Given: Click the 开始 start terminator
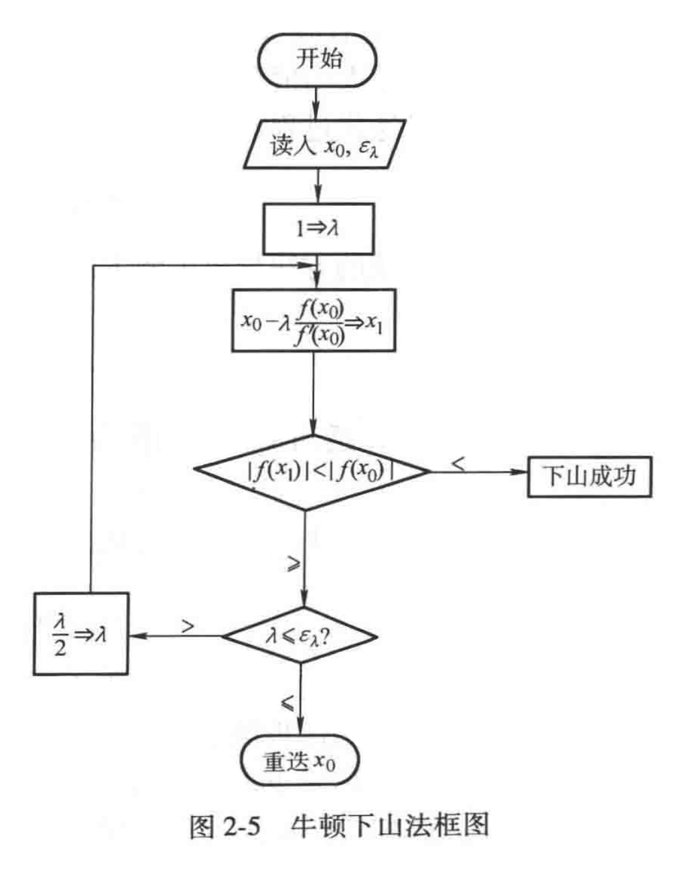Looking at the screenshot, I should click(318, 60).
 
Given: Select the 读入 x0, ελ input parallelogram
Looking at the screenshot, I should click(323, 144).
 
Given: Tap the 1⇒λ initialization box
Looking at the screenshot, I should click(318, 229).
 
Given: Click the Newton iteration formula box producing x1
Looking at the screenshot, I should click(313, 320).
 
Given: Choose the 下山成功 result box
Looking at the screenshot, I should click(589, 476).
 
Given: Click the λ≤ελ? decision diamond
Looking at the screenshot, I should click(300, 635).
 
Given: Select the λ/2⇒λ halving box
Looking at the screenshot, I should click(81, 634).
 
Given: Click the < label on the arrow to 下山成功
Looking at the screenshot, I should click(458, 462).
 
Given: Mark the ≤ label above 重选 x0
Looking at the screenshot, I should click(287, 702).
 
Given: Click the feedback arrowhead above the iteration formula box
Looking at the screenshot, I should click(306, 264).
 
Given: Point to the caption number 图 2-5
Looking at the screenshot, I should click(225, 826).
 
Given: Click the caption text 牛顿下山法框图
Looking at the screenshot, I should click(389, 826).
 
